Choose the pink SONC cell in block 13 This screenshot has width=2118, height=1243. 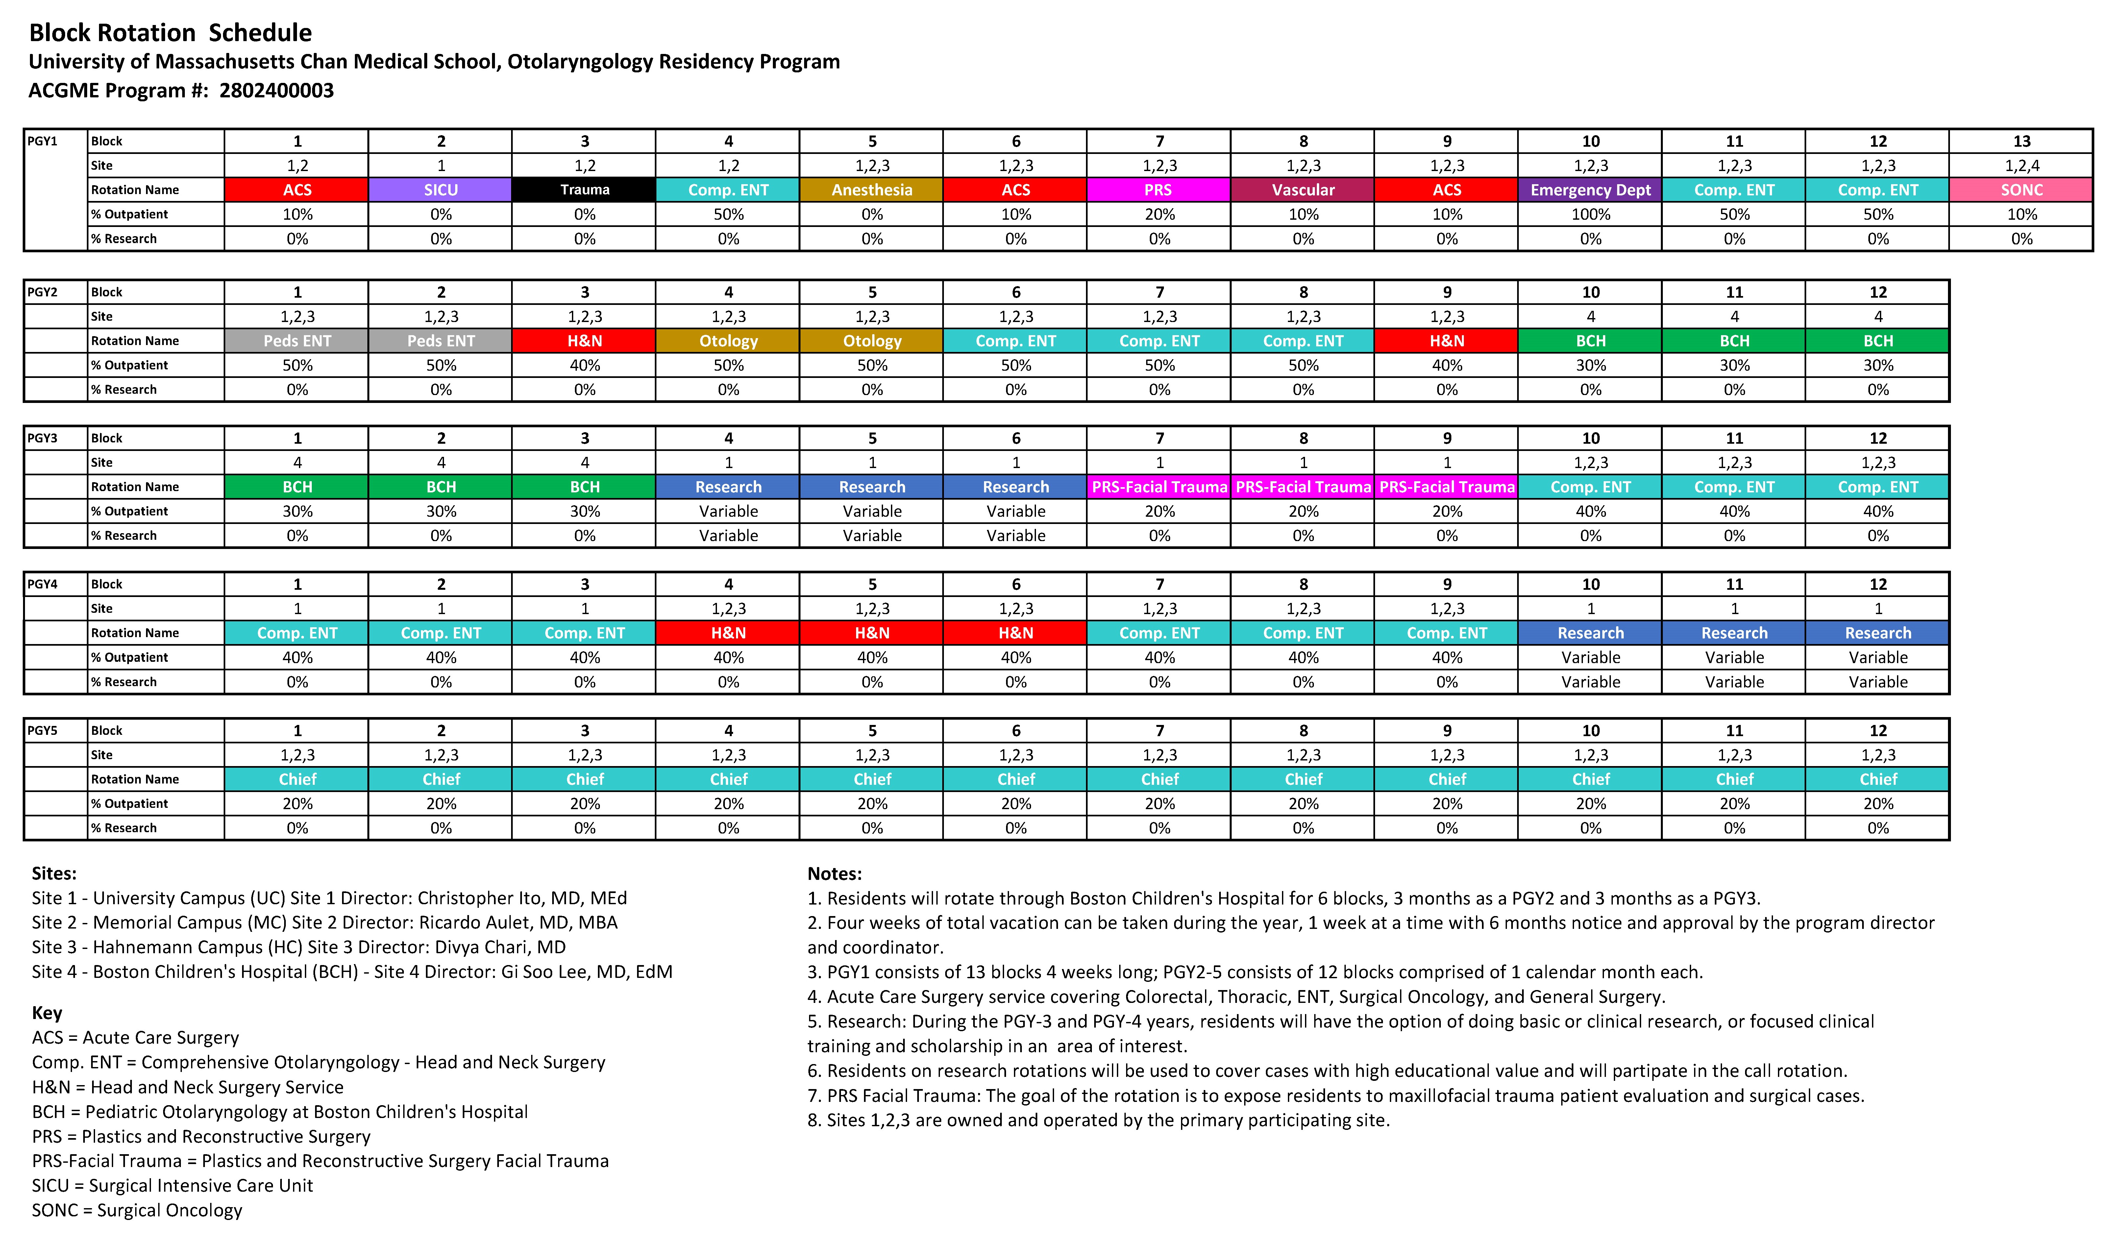(2021, 190)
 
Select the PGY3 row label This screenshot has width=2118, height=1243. (43, 438)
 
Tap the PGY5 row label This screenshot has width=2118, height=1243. (43, 730)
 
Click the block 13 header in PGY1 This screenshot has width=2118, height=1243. (2021, 141)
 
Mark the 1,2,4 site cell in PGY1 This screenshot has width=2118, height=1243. (2021, 165)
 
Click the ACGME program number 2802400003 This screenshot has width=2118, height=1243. (277, 91)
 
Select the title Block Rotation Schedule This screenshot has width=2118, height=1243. (171, 33)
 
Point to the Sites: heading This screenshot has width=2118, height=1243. (54, 873)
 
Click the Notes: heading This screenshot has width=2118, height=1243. (835, 873)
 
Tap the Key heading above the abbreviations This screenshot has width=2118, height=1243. (47, 1013)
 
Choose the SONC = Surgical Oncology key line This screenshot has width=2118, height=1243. (137, 1210)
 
